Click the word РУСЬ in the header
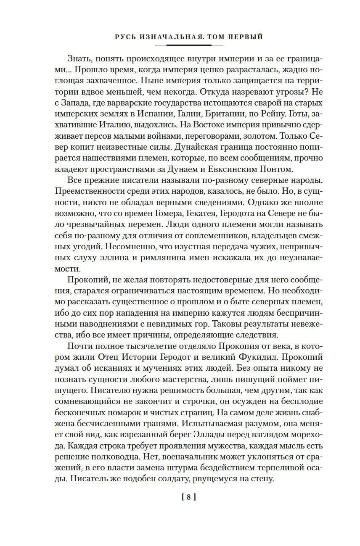(125, 37)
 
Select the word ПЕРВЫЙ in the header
(247, 37)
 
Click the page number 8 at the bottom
(189, 497)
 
